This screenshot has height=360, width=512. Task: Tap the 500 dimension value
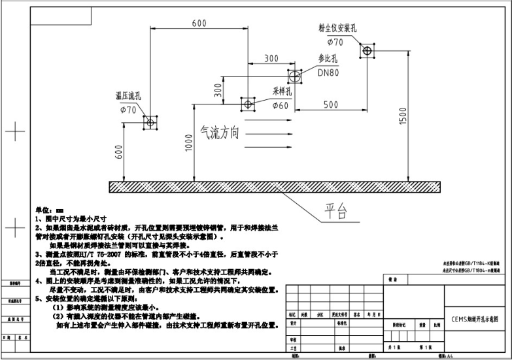[331, 105]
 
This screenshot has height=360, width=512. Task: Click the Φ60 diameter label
[281, 105]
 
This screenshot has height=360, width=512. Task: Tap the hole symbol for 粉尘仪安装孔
[367, 50]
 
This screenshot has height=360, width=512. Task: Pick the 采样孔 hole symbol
[248, 103]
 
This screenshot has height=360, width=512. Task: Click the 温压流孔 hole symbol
[150, 122]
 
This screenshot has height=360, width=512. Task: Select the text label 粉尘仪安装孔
[337, 28]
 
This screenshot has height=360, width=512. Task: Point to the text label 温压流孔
[128, 96]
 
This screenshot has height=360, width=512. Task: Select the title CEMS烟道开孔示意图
[475, 320]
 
